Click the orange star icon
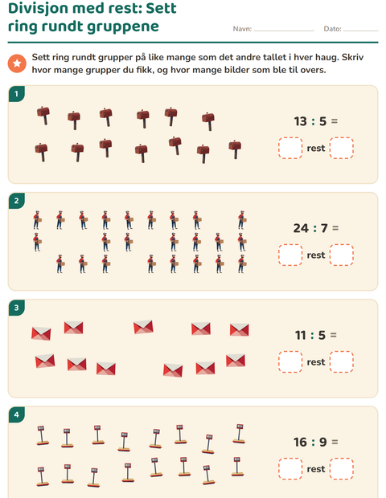coord(17,63)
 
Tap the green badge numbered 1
coord(16,94)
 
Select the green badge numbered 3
coord(16,308)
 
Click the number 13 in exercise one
coord(300,121)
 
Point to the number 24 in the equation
coord(301,228)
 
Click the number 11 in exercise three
coord(301,335)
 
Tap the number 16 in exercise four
coord(300,442)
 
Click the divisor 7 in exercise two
coord(324,228)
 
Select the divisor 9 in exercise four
coord(323,442)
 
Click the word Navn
coord(242,29)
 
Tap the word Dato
coord(333,29)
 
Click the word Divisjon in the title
coord(43,9)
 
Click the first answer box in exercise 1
coord(290,148)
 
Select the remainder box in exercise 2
coord(342,255)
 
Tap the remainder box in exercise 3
coord(342,361)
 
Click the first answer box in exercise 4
coord(290,469)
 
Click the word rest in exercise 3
coord(316,362)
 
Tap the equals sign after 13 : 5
coord(335,121)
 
